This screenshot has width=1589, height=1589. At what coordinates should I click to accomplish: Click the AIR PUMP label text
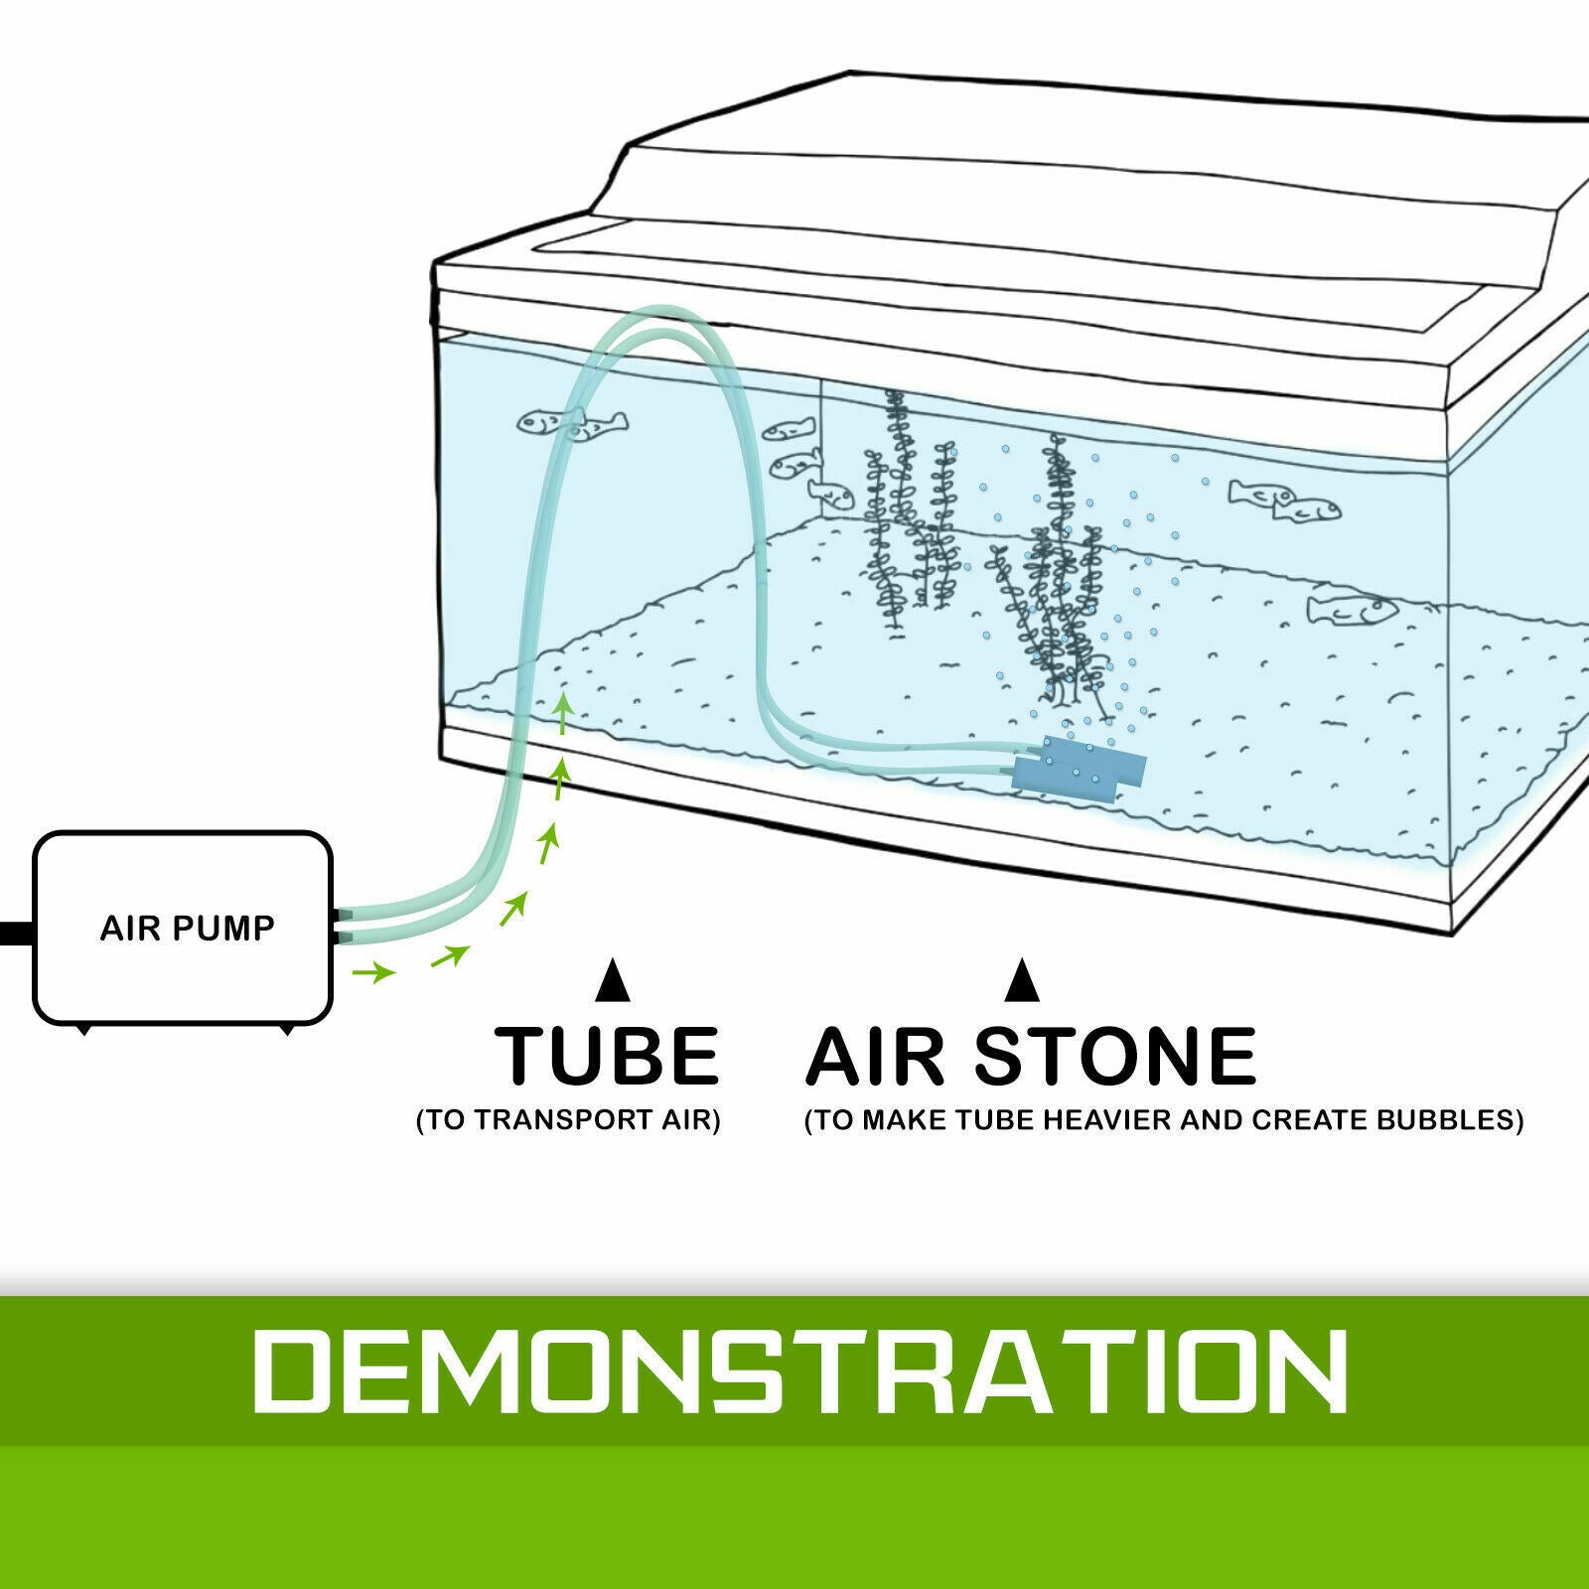click(187, 928)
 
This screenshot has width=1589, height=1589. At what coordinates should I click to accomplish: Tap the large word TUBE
click(607, 1056)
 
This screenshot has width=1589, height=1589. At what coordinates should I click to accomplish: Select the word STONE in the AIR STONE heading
click(1115, 1056)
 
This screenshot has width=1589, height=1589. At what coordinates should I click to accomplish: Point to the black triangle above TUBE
click(613, 980)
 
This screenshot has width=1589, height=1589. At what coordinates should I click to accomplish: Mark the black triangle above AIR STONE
click(1022, 980)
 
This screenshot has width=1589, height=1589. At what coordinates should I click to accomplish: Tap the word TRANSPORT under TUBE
click(562, 1120)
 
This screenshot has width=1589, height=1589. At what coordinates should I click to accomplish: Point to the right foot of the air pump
click(288, 1030)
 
